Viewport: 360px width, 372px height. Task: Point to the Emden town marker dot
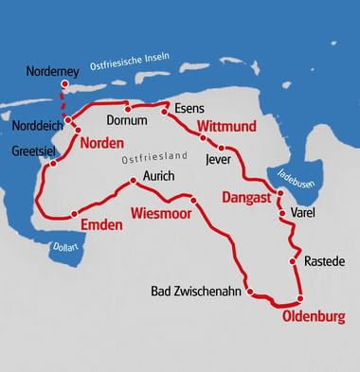(74, 213)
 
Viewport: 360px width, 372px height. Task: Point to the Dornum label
(128, 121)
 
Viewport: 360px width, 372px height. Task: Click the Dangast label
(245, 198)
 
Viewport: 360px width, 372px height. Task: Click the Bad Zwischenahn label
(196, 291)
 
